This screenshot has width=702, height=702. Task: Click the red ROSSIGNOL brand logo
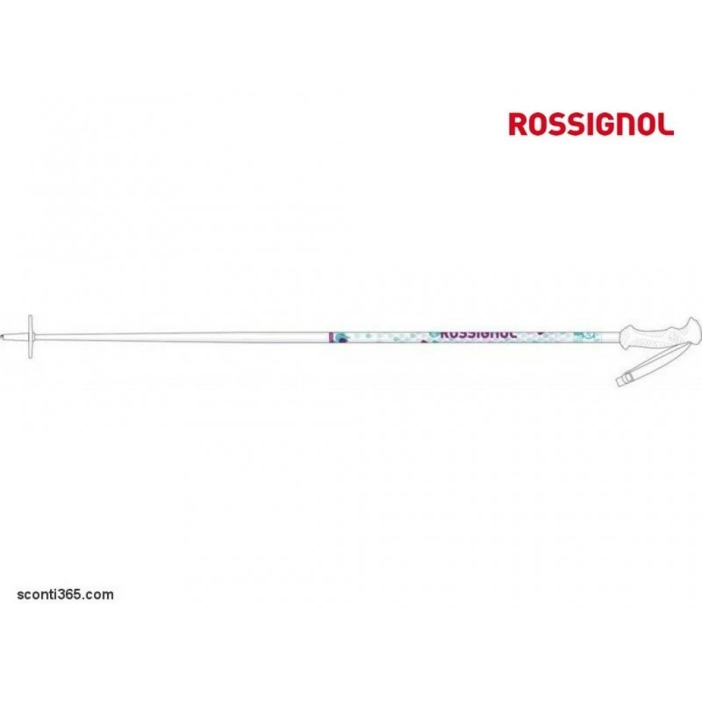point(591,124)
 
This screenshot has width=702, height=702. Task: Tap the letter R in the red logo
point(519,124)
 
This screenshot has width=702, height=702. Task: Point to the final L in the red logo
point(666,124)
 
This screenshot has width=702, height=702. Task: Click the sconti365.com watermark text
point(65,595)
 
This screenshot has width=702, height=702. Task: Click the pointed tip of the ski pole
point(2,336)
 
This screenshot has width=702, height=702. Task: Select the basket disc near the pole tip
point(31,336)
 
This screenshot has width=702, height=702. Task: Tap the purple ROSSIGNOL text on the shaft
point(478,334)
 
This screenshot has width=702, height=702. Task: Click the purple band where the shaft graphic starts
point(331,338)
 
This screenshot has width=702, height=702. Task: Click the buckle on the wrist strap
point(623,380)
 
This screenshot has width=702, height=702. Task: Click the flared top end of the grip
point(693,331)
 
